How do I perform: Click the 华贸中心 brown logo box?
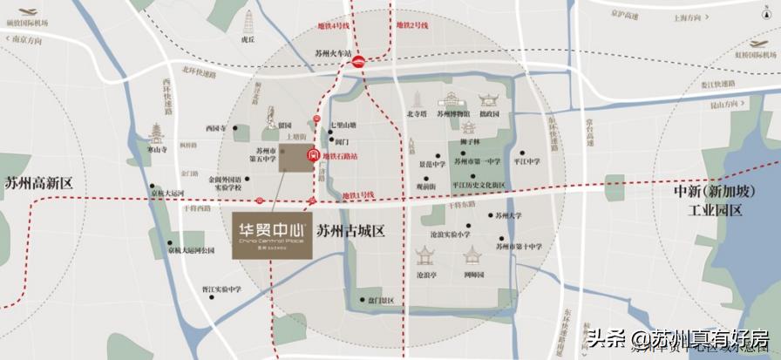(275, 232)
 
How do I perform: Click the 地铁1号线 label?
(357, 194)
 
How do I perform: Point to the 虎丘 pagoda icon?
(248, 21)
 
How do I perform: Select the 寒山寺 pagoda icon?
(157, 133)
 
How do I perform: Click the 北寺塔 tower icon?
(416, 98)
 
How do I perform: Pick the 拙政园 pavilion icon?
(488, 98)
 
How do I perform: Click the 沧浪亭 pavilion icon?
(426, 257)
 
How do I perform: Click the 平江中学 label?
(527, 161)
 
